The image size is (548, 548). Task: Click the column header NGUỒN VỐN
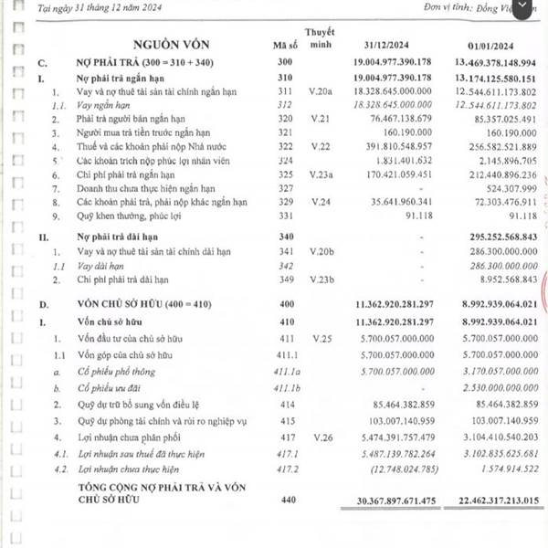coord(174,43)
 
